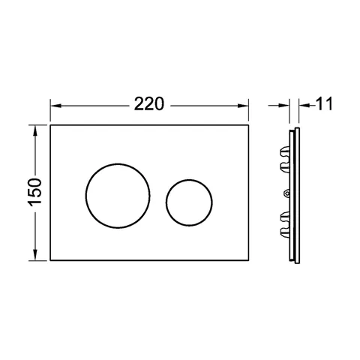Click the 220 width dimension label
149,104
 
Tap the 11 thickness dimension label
324,104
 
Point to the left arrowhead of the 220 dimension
55,106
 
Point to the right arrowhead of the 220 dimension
243,106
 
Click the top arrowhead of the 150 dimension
35,130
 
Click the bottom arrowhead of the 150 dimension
35,255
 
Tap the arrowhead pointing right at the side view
283,106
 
